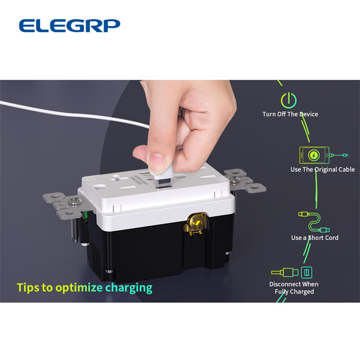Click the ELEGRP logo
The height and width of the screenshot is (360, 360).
70,26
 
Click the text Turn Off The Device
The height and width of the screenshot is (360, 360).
290,114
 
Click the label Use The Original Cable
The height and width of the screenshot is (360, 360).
323,170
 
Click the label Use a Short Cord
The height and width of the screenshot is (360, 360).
315,238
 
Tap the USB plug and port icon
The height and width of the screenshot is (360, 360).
292,272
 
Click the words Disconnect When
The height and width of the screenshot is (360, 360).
294,284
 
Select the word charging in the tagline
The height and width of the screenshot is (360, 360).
129,288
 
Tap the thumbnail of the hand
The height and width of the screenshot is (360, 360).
157,162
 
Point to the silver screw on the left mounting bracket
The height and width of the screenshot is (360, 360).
75,201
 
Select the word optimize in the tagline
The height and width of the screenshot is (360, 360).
79,288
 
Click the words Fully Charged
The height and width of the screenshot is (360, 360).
294,292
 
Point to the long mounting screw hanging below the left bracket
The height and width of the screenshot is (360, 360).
75,229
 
